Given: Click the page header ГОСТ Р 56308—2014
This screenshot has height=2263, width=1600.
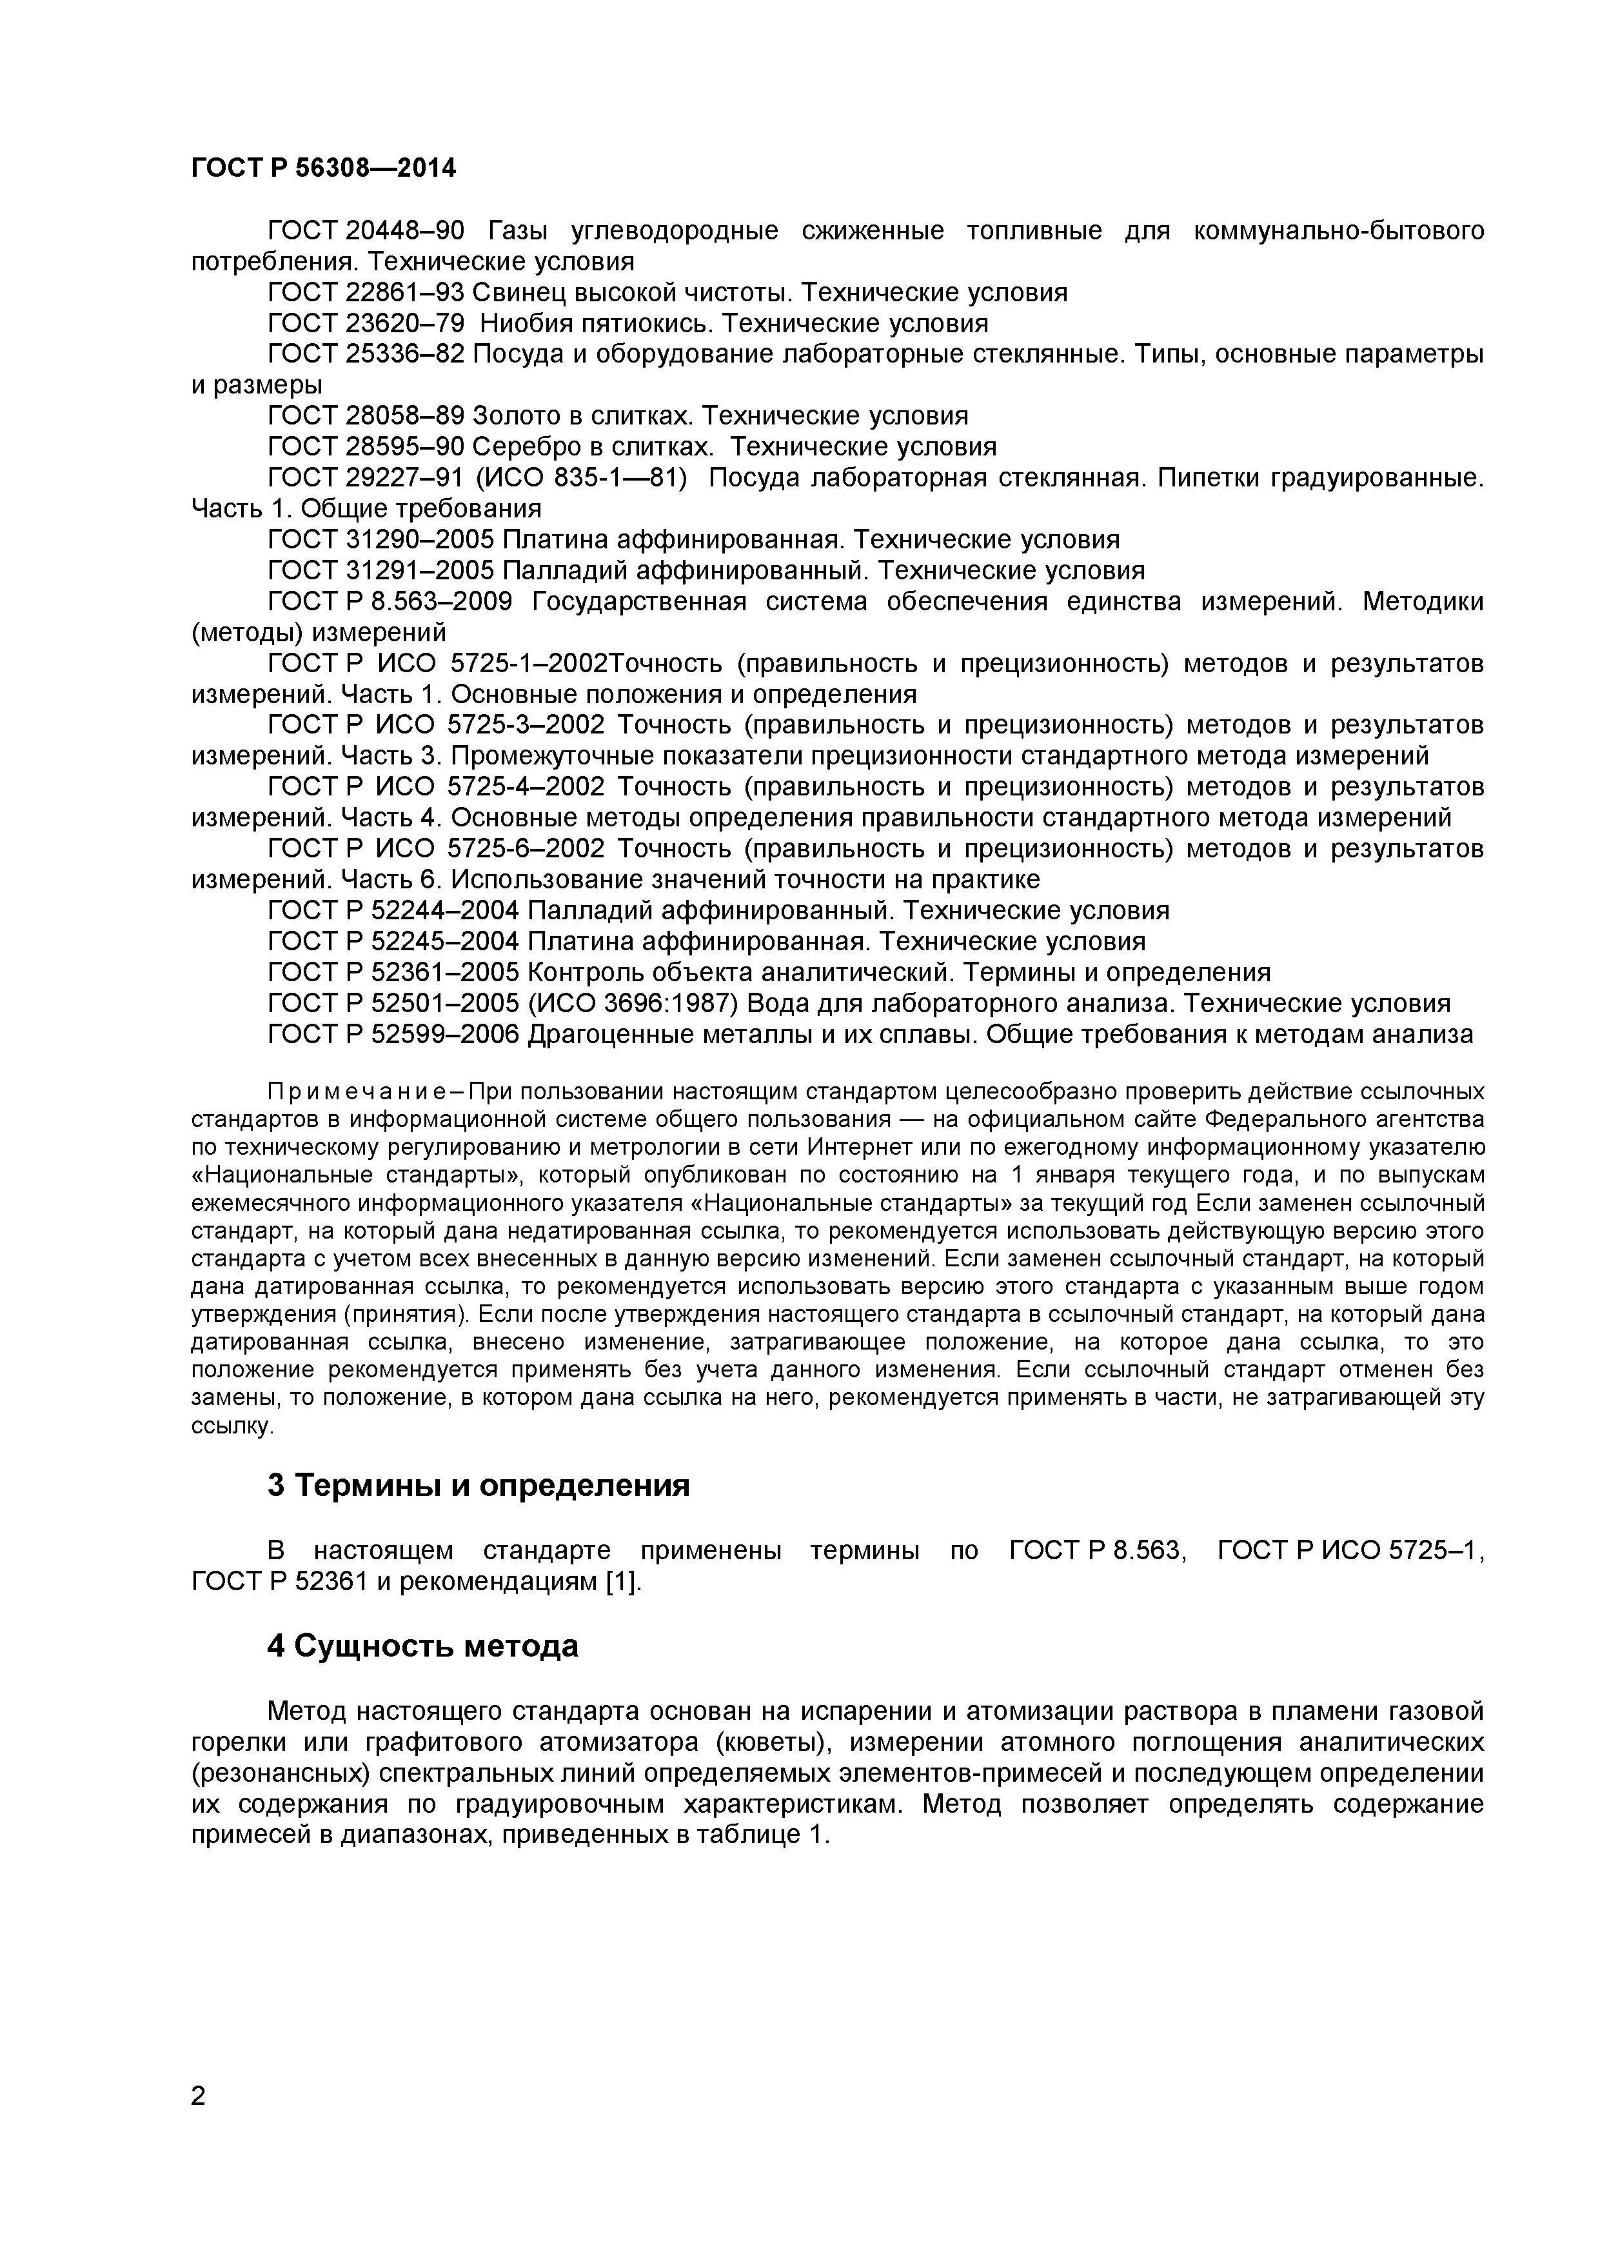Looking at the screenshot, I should click(323, 168).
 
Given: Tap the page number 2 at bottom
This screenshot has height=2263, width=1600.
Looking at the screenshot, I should click(198, 2122).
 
